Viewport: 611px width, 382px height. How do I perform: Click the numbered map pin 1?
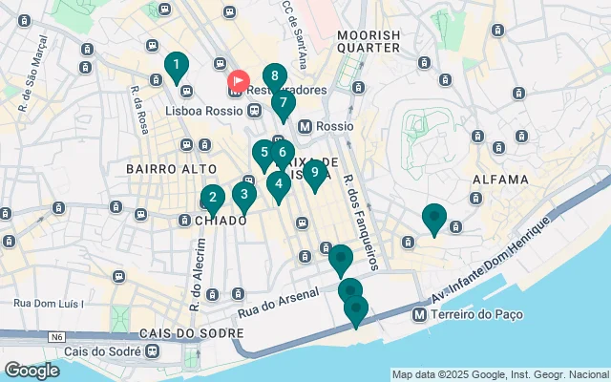175,66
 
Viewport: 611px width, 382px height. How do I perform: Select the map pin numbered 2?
212,199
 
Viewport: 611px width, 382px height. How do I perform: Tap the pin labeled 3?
243,196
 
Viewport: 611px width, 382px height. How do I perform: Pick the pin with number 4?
278,184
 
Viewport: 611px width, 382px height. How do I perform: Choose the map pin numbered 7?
283,104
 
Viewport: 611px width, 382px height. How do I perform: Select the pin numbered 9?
314,173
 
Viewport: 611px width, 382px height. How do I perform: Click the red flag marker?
238,82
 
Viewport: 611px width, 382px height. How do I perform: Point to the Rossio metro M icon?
305,126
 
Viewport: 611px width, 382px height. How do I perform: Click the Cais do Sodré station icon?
152,350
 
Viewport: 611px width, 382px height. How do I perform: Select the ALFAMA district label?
500,180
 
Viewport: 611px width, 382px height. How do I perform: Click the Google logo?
32,371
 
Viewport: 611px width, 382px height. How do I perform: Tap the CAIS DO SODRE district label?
187,333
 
